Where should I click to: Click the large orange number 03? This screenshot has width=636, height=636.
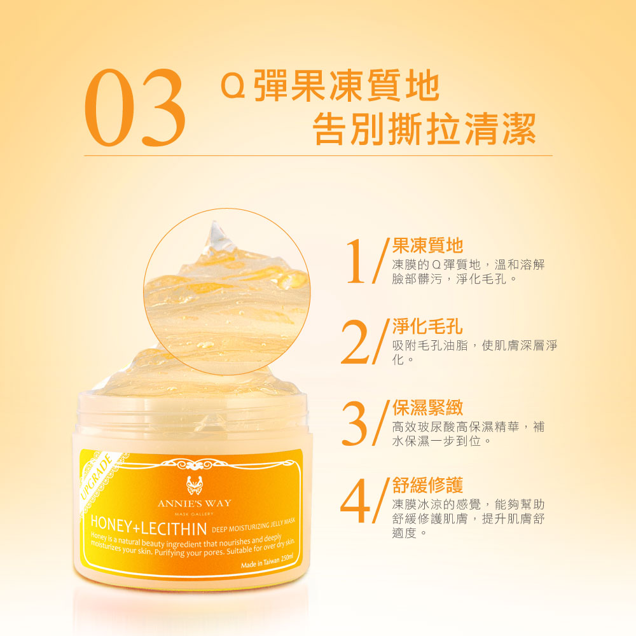point(135,108)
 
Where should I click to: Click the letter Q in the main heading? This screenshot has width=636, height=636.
point(233,86)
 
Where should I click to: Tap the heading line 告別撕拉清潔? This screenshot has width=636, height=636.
point(424,129)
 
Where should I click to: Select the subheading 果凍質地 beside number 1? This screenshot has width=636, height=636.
point(427,245)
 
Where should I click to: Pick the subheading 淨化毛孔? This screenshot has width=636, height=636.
point(427,326)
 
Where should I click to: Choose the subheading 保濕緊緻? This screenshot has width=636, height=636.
point(427,408)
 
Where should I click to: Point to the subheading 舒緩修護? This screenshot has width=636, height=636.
point(427,485)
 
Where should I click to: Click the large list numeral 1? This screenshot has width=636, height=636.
point(357,261)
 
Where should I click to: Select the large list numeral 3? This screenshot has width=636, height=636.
point(356,423)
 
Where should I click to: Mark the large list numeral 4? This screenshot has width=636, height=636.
point(356,501)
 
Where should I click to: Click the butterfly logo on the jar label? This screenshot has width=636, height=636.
point(194,485)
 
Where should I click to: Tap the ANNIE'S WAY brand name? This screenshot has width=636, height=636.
point(194,503)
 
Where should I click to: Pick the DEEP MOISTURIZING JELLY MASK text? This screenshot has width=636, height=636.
point(254,526)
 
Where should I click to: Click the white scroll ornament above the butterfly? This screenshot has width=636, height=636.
point(194,464)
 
